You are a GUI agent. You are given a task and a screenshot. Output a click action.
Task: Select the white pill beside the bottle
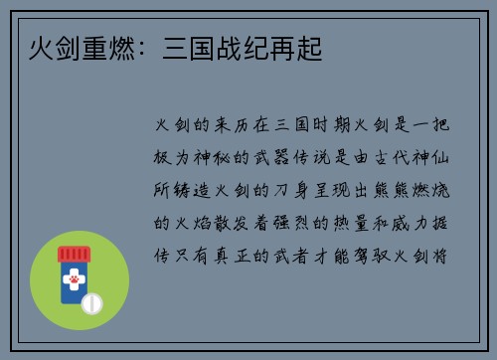pyautogui.click(x=90, y=300)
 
